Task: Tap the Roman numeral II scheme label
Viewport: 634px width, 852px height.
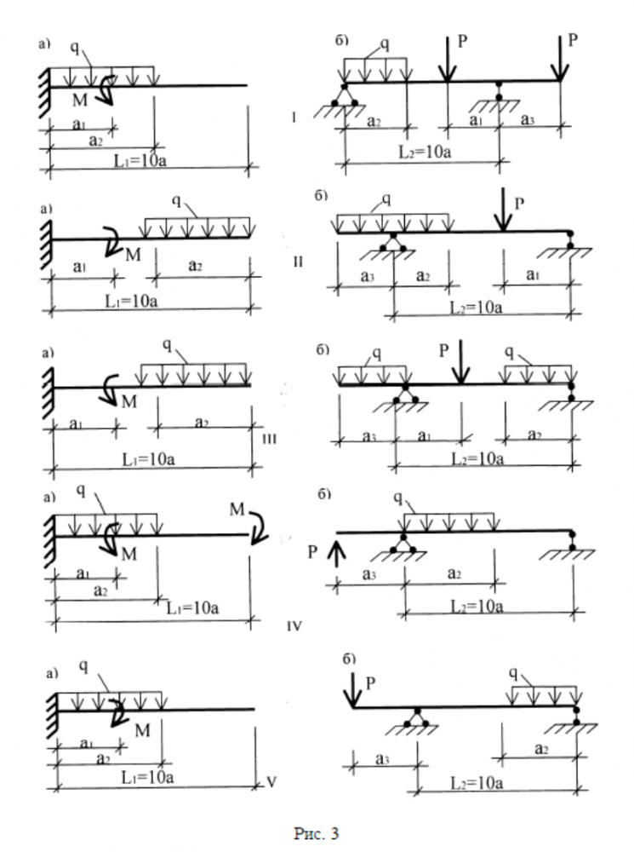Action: (x=298, y=261)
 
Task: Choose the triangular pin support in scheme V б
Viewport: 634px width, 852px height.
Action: (x=416, y=717)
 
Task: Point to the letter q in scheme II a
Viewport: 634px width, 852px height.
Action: (x=177, y=201)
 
